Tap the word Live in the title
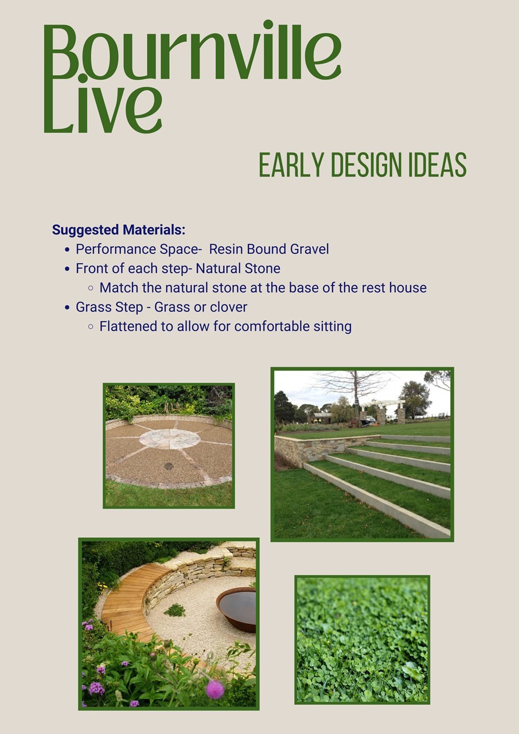(x=103, y=104)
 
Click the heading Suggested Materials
(x=119, y=230)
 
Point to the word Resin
(x=226, y=249)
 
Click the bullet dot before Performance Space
(x=67, y=249)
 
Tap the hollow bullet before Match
(x=91, y=288)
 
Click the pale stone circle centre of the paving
(x=170, y=439)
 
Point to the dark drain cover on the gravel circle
(x=169, y=466)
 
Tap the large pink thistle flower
(x=215, y=689)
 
